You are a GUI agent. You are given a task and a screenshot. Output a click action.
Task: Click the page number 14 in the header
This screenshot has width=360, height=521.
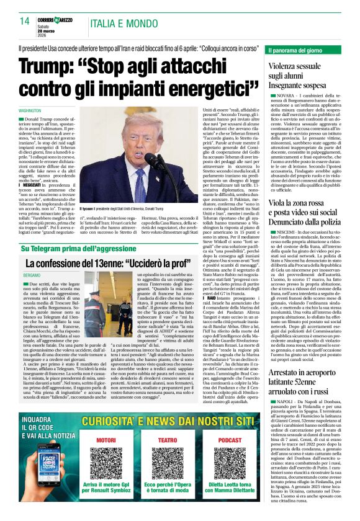[x=24, y=21]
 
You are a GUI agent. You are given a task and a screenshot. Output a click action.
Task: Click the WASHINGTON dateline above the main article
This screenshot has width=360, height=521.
[x=34, y=110]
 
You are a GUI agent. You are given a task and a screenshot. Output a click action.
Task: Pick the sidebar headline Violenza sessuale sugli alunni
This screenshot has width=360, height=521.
[x=303, y=72]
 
